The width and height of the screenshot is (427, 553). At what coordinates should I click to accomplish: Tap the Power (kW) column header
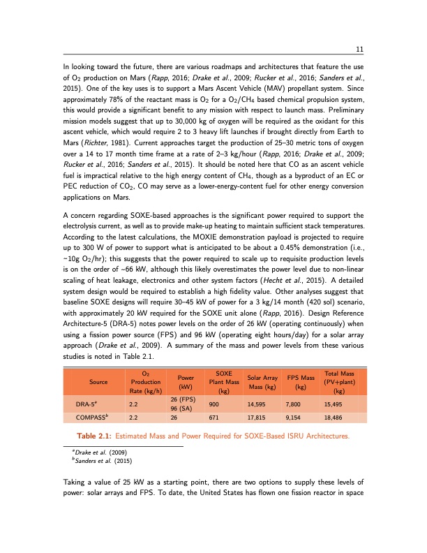click(186, 382)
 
